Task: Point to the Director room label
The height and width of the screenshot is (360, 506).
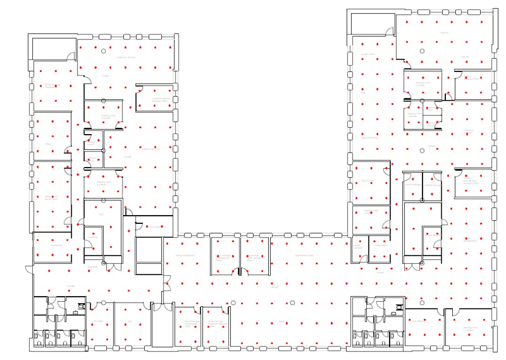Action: pyautogui.click(x=444, y=32)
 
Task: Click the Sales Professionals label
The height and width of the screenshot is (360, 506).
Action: pyautogui.click(x=185, y=256)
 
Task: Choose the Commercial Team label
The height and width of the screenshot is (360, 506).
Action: pyautogui.click(x=304, y=256)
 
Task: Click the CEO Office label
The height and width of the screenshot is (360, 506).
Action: pyautogui.click(x=417, y=322)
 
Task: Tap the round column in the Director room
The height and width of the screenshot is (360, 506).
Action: pyautogui.click(x=422, y=51)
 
